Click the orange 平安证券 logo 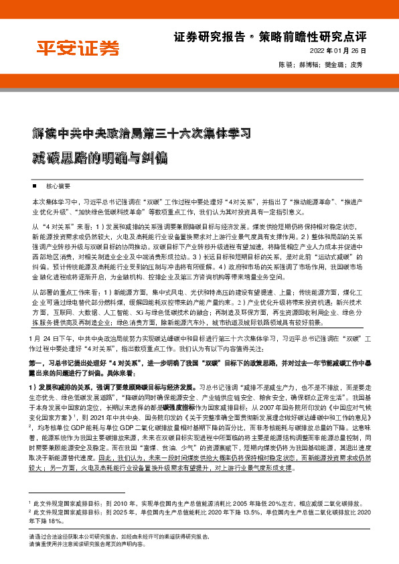78,48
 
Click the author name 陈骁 284,65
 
